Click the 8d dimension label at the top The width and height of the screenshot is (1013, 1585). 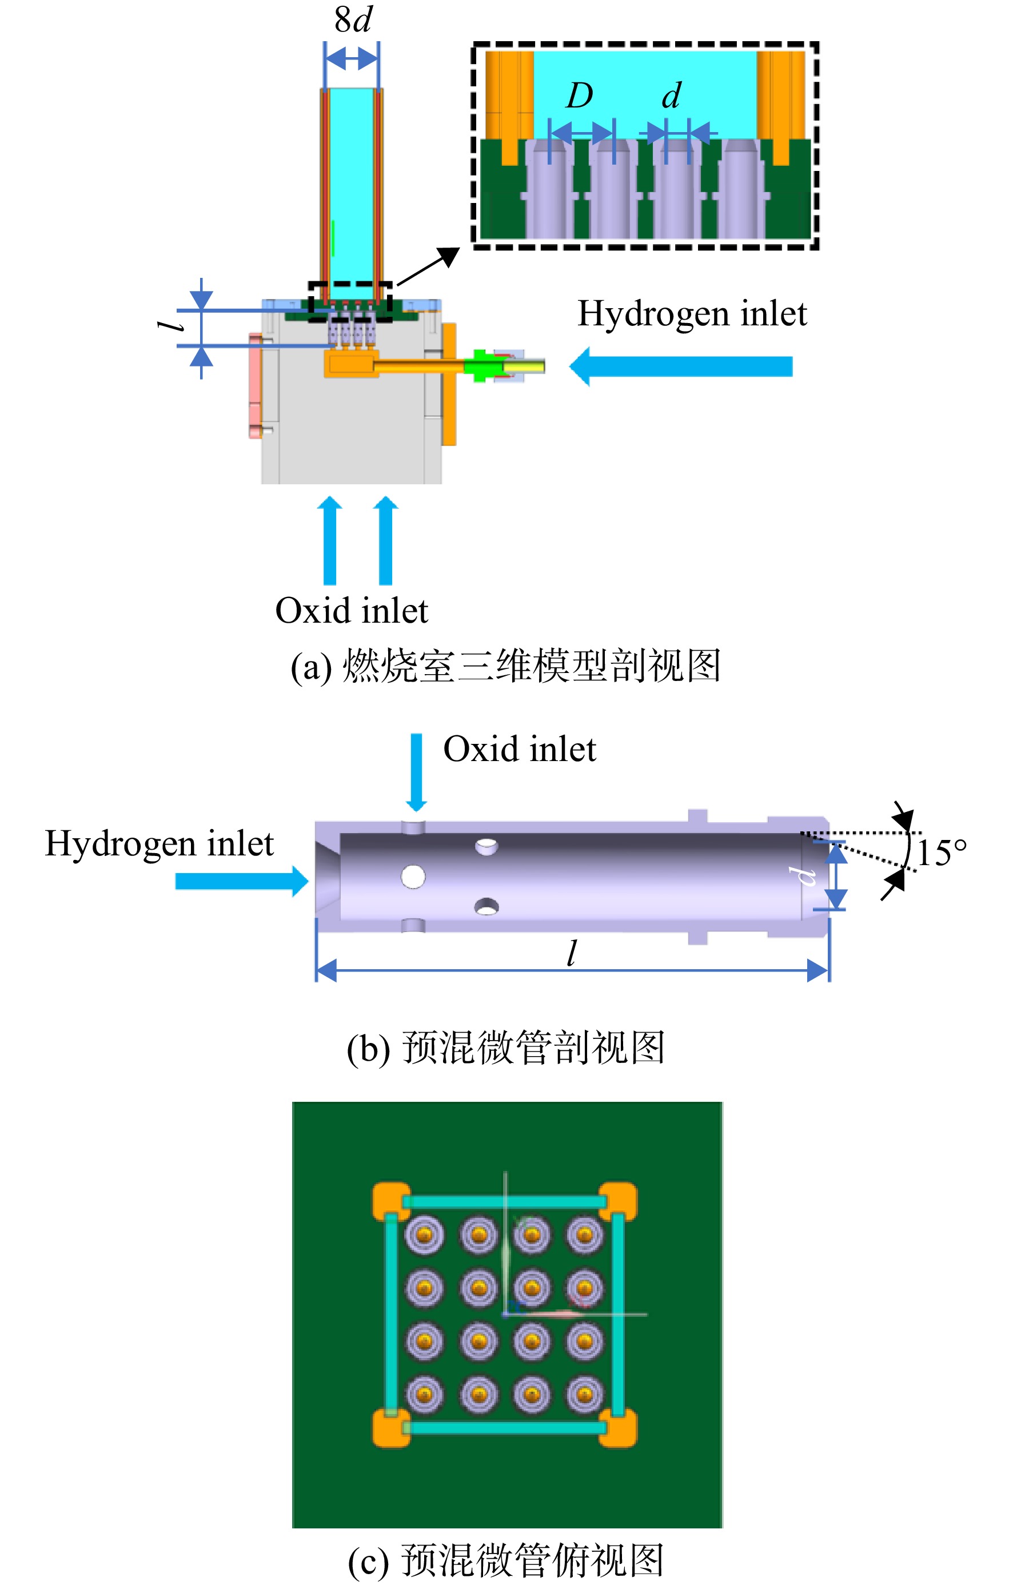[353, 20]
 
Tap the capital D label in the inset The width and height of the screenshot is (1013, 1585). [579, 96]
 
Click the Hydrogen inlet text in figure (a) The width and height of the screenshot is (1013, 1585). [692, 314]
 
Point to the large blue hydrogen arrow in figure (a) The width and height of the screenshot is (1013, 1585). [681, 366]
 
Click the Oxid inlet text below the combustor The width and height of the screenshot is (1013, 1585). [352, 611]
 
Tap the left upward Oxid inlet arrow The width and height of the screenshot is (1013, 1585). [330, 540]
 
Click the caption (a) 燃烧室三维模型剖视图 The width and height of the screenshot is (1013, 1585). [505, 666]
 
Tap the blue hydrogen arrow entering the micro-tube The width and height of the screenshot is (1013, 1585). [242, 881]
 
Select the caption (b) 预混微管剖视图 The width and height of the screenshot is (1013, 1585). [505, 1048]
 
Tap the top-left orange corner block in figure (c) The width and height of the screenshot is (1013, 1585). [391, 1201]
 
